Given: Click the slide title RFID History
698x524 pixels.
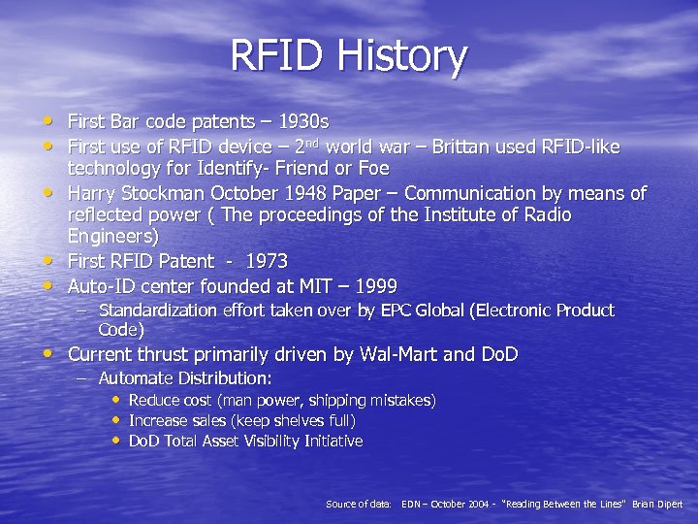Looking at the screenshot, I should pos(348,56).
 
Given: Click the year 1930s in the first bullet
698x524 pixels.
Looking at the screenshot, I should pos(302,122).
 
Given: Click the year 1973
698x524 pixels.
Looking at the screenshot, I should pos(267,261).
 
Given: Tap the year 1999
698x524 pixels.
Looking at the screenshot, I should pos(377,286).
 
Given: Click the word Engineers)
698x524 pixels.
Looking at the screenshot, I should pos(113,236).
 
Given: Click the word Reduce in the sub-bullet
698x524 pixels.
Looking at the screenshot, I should pos(154,401).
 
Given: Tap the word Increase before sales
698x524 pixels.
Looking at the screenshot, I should pos(158,421).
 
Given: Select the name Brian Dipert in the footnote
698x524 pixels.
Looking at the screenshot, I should pos(657,505).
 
